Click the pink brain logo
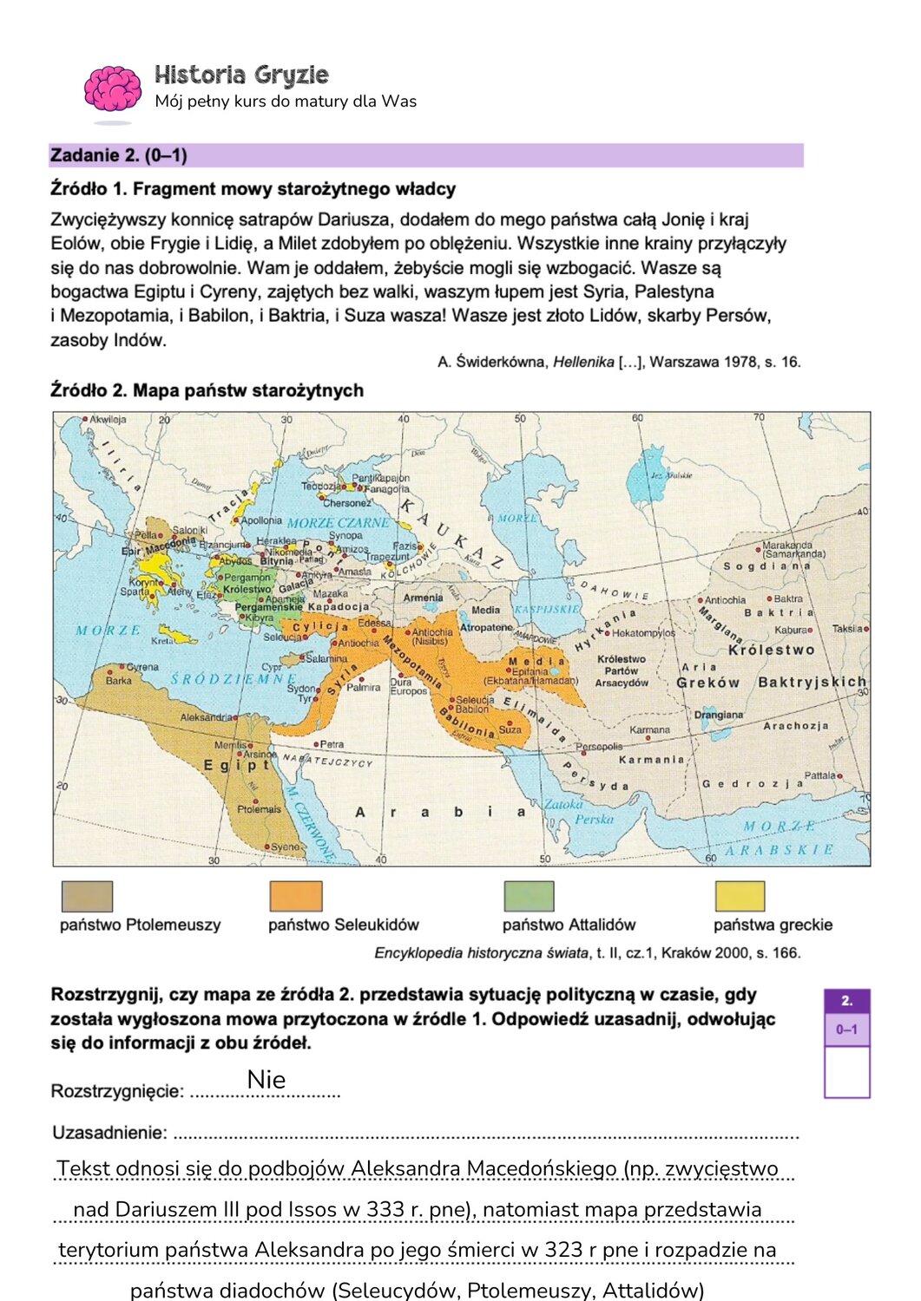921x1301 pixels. click(112, 89)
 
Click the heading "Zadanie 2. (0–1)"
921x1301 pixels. click(119, 155)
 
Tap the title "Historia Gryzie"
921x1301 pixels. click(241, 75)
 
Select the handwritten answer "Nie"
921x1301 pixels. click(266, 1080)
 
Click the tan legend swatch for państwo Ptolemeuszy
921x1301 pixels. click(87, 896)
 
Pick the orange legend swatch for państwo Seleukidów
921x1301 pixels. click(296, 896)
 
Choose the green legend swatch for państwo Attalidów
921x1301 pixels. click(529, 896)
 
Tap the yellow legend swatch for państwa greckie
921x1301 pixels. click(740, 896)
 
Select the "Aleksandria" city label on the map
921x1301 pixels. click(206, 717)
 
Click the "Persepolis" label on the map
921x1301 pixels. click(599, 746)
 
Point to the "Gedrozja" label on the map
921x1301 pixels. click(753, 783)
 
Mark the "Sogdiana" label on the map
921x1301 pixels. click(766, 566)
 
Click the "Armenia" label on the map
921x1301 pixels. click(423, 598)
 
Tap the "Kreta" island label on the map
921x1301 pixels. click(162, 641)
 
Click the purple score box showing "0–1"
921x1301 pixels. click(846, 1030)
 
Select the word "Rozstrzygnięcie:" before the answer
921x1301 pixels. click(117, 1091)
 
